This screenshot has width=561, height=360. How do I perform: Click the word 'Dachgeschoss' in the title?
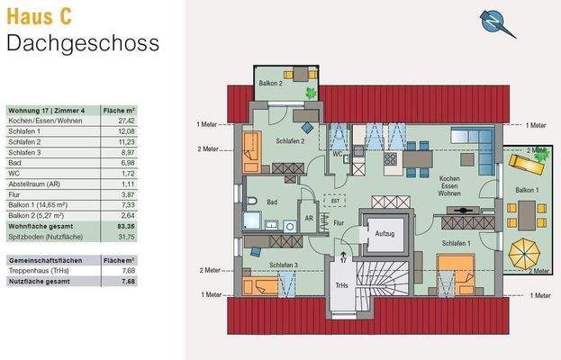83,42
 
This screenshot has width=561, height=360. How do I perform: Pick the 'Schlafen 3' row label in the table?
24,151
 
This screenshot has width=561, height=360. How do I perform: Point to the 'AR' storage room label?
308,219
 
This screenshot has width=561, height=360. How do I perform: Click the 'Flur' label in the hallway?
339,221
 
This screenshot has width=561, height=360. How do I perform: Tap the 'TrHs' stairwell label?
343,285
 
